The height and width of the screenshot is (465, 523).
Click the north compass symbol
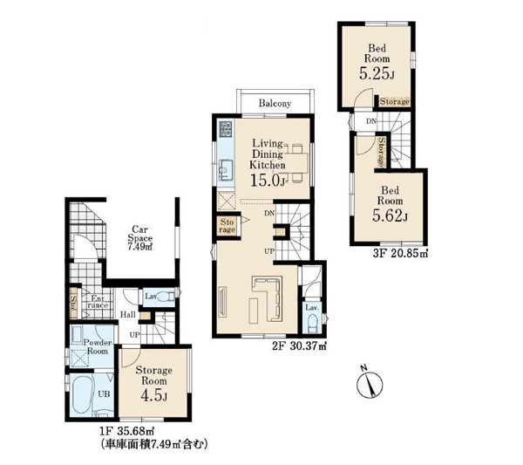coord(370,385)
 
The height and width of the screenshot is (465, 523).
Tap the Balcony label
coord(275,104)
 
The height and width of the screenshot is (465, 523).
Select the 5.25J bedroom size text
coord(377,74)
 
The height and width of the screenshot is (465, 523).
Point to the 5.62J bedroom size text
coord(390,216)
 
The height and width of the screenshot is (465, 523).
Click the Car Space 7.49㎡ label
coord(140,238)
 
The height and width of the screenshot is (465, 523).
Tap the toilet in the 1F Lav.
coord(166,297)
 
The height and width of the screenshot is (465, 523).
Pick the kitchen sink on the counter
coord(226,170)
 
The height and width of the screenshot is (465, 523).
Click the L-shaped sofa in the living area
coord(268,298)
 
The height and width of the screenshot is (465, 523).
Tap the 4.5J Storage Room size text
coord(153,395)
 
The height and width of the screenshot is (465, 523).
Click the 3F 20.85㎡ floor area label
coord(400,254)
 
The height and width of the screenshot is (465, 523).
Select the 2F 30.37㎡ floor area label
coord(299,346)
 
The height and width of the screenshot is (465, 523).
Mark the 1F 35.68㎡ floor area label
coord(126,431)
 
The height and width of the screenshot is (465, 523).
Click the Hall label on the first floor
coord(128,314)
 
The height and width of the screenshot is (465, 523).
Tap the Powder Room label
coord(98,347)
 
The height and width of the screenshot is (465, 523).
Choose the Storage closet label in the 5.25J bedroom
coord(394,101)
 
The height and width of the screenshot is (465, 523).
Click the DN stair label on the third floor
coord(371,121)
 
